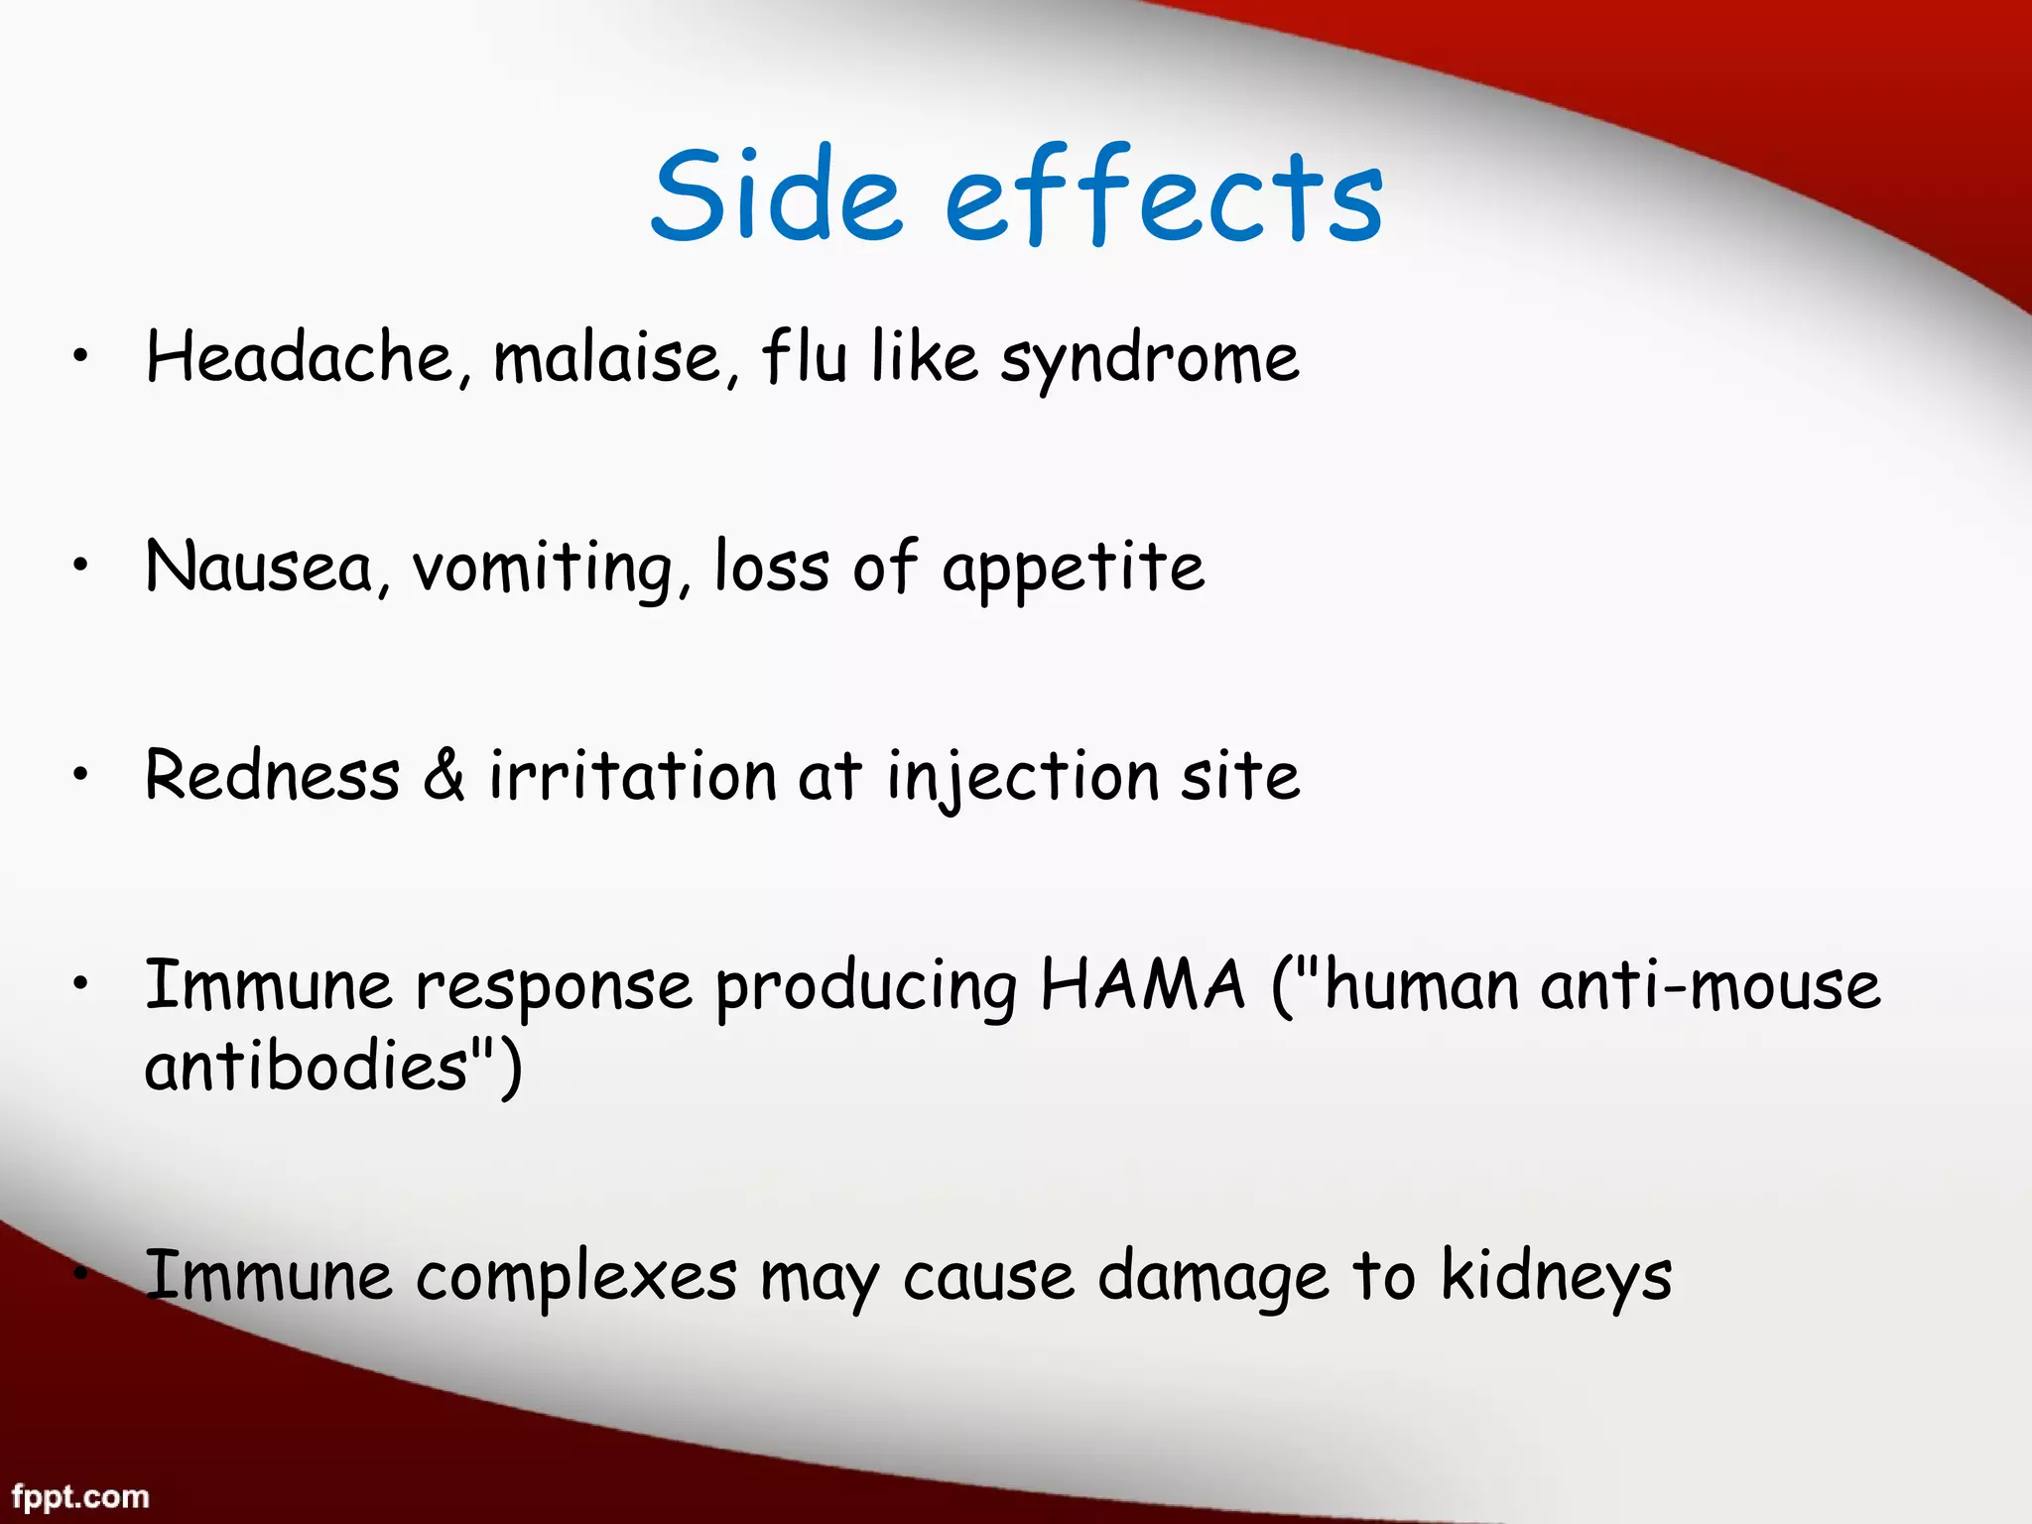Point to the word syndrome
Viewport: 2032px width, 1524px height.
click(x=1149, y=359)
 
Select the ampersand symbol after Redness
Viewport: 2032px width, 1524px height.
click(x=444, y=776)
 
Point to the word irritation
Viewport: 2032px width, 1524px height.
click(x=632, y=776)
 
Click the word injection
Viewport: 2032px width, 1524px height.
click(x=1022, y=778)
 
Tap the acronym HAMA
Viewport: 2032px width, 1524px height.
click(x=1142, y=985)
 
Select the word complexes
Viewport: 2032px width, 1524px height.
click(x=575, y=1276)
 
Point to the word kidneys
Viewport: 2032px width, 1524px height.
click(x=1556, y=1278)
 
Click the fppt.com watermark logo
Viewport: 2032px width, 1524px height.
click(x=80, y=1496)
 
